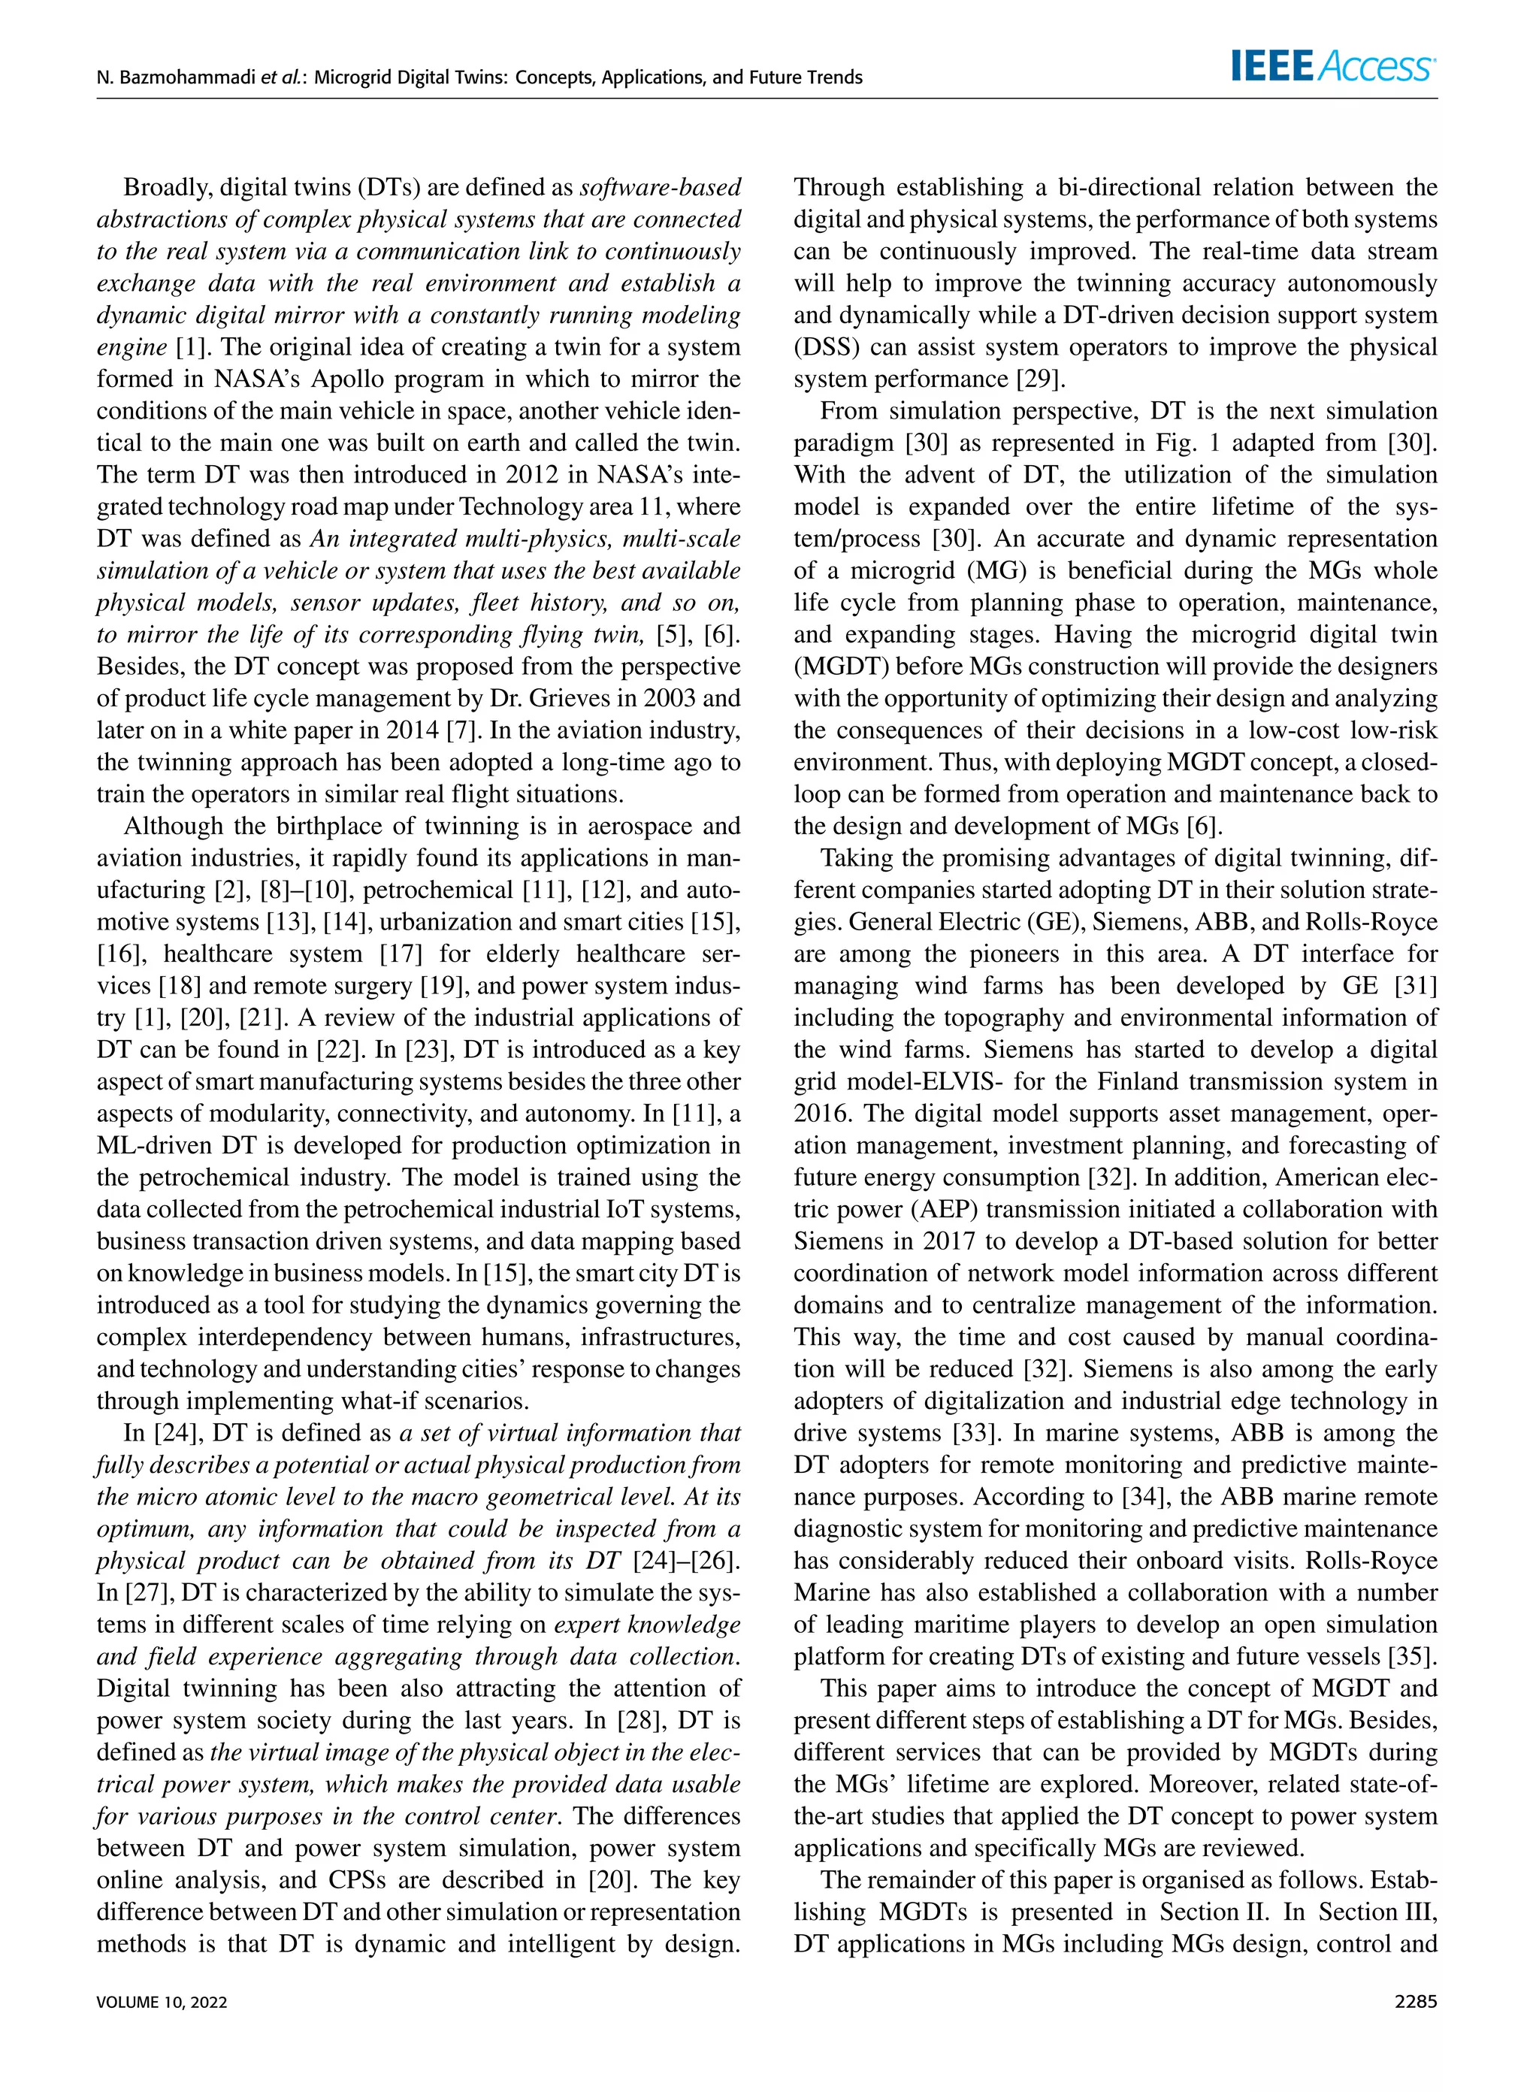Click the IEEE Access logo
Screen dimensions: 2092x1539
[x=1333, y=66]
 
